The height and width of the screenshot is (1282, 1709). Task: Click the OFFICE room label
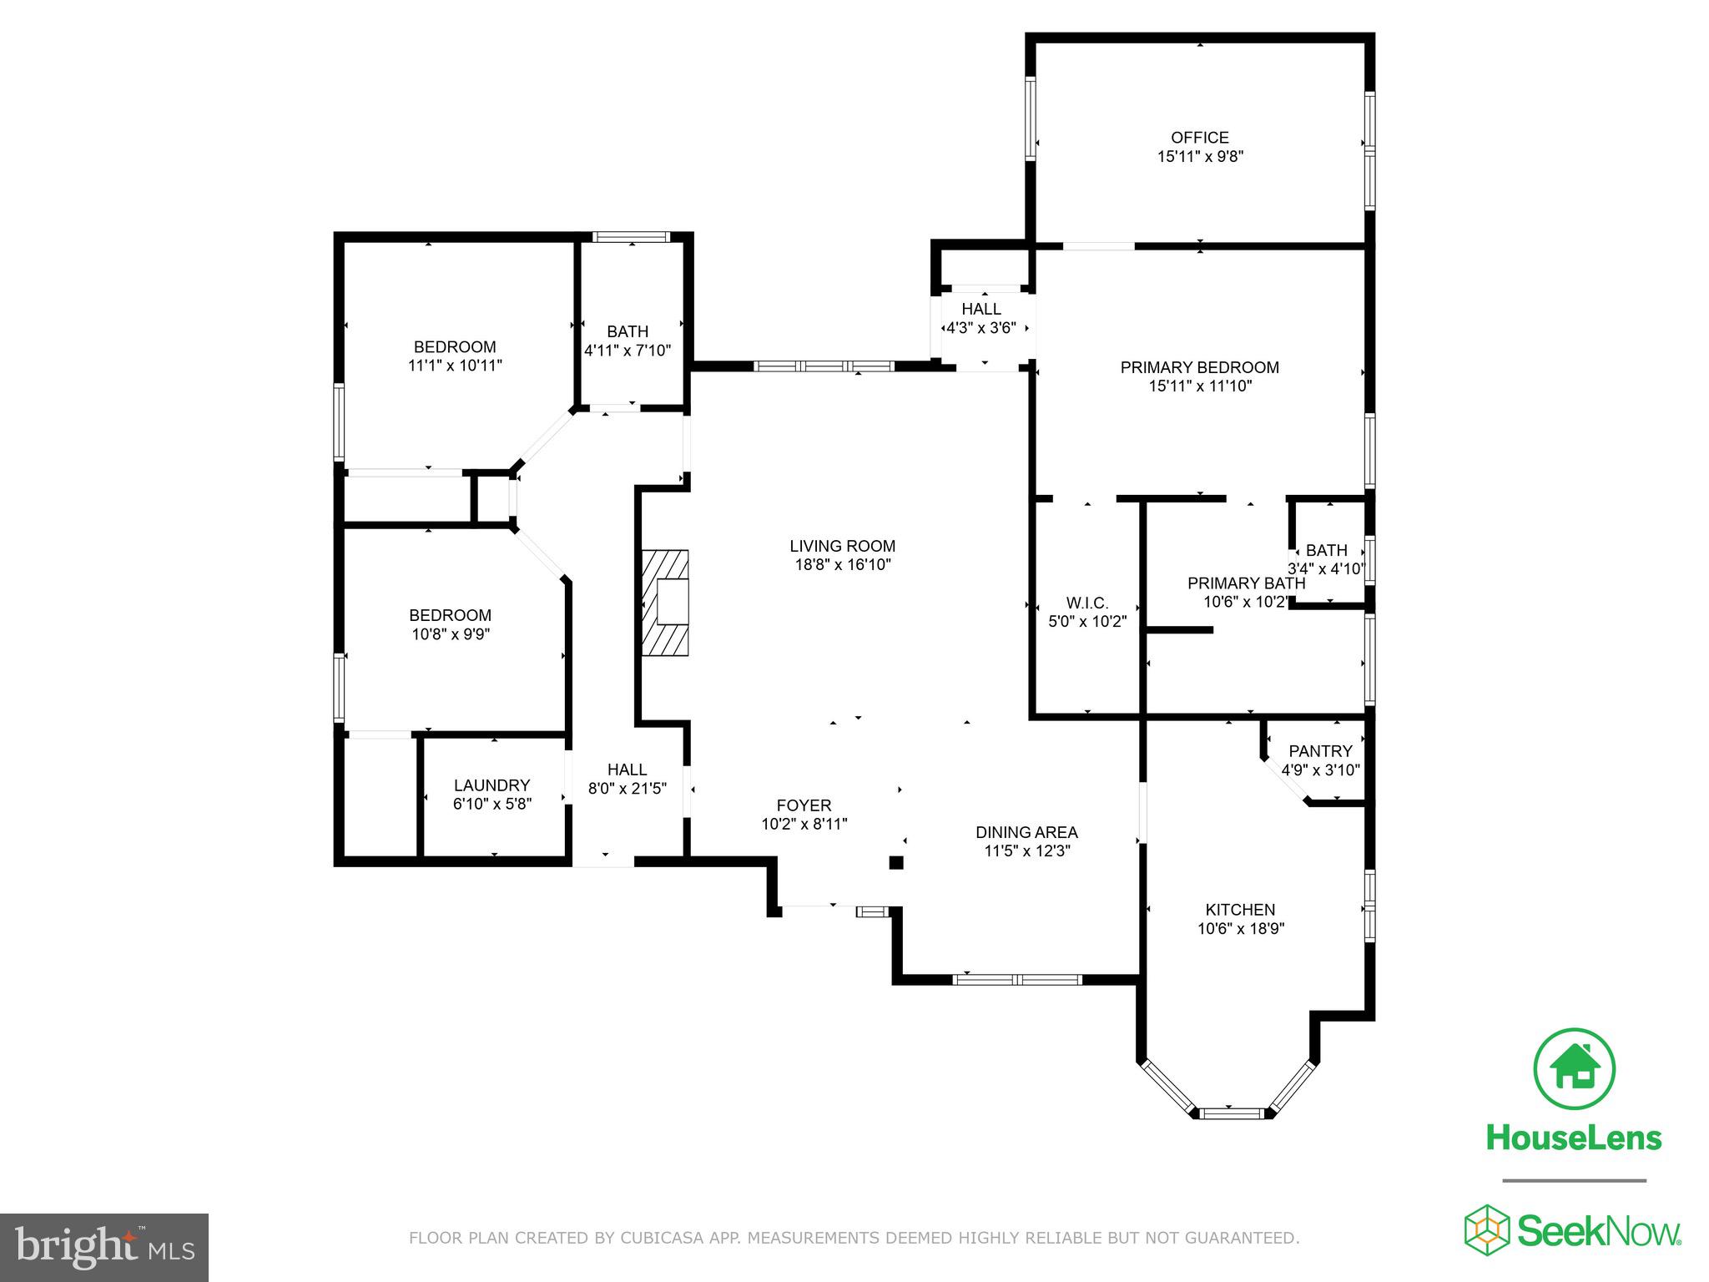pos(1199,138)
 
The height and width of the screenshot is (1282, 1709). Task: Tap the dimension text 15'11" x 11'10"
pos(1199,386)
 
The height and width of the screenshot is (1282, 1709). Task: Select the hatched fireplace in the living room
pos(665,603)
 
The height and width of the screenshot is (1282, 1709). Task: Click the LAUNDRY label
pos(492,785)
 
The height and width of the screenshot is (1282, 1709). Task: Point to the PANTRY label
pos(1320,751)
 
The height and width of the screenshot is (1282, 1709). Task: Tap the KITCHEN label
pos(1240,910)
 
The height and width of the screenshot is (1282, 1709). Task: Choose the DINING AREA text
pos(1026,832)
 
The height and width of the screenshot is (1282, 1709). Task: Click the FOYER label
pos(804,805)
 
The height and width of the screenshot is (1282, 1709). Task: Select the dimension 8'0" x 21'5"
pos(627,789)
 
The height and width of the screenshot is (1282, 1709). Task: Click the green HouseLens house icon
pos(1574,1069)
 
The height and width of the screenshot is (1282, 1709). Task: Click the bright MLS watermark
pos(104,1248)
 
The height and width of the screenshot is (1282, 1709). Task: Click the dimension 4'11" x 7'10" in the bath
pos(628,351)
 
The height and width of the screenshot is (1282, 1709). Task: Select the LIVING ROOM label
pos(842,547)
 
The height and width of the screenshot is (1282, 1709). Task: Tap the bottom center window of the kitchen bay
pos(1233,1113)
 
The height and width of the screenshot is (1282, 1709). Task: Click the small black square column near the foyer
pos(895,863)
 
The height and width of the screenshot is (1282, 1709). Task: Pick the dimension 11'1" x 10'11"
pos(455,366)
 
